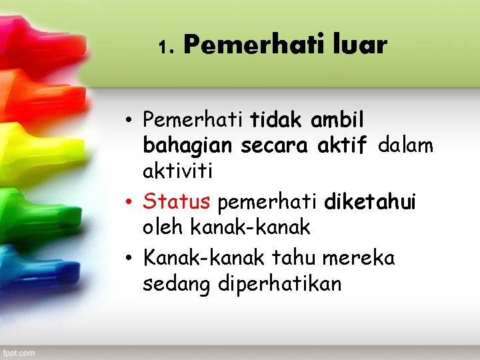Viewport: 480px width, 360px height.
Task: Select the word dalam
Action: (405, 145)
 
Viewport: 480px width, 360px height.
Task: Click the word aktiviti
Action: (177, 171)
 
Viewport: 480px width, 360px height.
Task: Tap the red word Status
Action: (177, 201)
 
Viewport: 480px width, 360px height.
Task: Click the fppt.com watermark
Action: (19, 351)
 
